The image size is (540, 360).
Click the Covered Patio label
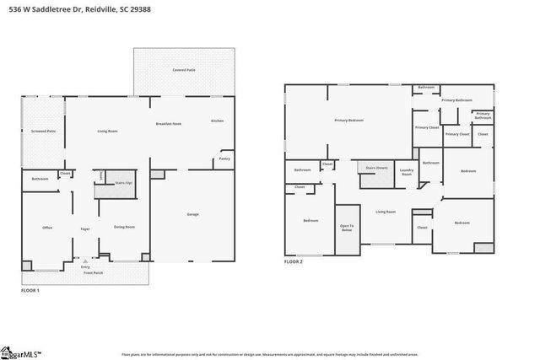click(x=184, y=70)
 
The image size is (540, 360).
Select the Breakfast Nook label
click(x=169, y=123)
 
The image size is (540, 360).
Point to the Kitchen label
click(x=217, y=121)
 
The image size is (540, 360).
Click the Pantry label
click(x=224, y=159)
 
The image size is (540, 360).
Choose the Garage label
click(x=192, y=214)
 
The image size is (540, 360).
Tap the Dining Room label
click(x=125, y=227)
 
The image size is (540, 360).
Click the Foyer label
click(x=85, y=228)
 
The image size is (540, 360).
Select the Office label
click(x=47, y=228)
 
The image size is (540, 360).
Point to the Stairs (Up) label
click(x=122, y=181)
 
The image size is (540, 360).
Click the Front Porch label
click(x=93, y=273)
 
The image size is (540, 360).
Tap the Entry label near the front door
click(x=85, y=266)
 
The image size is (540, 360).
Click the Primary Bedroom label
click(x=348, y=121)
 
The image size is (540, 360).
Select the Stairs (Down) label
click(x=376, y=168)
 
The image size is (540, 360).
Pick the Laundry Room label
click(x=407, y=172)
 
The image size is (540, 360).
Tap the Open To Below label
click(x=347, y=227)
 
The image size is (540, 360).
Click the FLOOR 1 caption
click(x=30, y=290)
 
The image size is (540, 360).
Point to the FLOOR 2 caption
click(x=293, y=262)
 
